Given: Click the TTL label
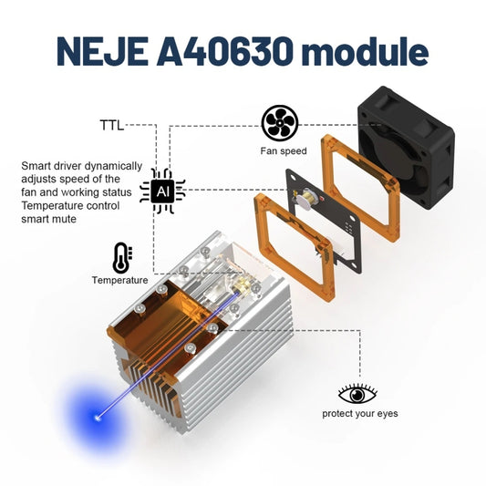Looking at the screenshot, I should (111, 124).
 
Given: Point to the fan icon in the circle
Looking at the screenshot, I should (280, 123).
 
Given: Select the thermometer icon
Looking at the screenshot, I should (120, 256).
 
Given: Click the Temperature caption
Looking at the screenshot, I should (119, 280).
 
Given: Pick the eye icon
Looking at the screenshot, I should (357, 394).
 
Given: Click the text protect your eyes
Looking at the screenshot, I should (359, 414).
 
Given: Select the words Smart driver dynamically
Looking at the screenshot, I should (81, 167).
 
